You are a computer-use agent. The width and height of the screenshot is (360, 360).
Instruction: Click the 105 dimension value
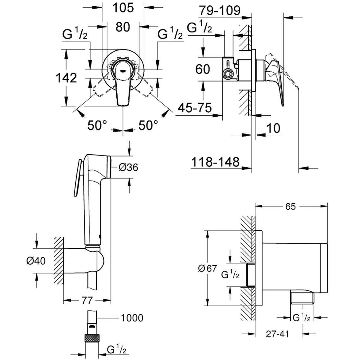coord(123,8)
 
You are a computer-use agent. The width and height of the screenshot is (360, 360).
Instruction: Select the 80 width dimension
coord(123,27)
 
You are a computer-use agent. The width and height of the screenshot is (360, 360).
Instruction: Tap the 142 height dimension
coord(66,78)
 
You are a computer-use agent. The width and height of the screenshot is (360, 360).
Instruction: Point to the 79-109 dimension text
coord(219,10)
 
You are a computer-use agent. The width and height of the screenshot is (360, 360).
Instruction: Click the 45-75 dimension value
coord(195,108)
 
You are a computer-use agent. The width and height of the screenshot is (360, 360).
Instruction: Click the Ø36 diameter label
coord(128,167)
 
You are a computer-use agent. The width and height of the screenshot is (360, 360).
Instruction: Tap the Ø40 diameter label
coord(36,261)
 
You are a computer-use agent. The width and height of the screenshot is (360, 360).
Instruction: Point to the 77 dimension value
coord(87,301)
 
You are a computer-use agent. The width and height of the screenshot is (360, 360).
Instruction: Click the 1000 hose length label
coord(132,318)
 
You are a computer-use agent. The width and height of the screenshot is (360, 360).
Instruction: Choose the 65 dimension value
coord(290,206)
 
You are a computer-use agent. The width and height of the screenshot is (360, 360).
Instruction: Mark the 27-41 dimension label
coord(277,334)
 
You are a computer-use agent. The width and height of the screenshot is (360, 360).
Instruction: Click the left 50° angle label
coord(97,125)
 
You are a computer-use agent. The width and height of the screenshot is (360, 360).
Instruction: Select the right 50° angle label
coord(148,125)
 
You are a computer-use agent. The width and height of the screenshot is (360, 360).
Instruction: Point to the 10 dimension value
coord(274,128)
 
